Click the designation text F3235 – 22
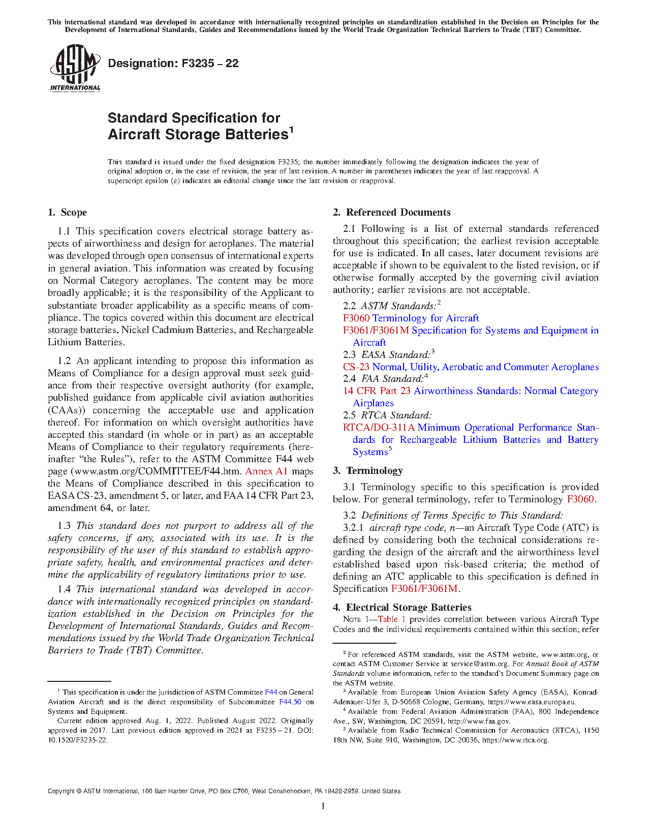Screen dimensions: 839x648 click(173, 64)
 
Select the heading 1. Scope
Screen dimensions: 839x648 click(68, 213)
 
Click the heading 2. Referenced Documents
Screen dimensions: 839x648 click(392, 213)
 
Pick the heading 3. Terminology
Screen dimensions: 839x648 click(368, 471)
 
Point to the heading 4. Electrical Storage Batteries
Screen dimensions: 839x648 click(402, 608)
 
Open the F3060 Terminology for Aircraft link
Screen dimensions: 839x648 click(411, 318)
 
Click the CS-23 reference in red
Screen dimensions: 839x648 click(356, 367)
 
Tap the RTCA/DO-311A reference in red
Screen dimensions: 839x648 click(379, 428)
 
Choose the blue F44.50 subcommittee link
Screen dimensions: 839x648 click(290, 702)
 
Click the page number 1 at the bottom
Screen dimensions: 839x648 click(323, 805)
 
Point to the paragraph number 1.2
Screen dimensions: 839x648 click(65, 361)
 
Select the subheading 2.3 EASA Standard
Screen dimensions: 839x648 click(389, 355)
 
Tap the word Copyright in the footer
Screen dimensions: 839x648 click(60, 791)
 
